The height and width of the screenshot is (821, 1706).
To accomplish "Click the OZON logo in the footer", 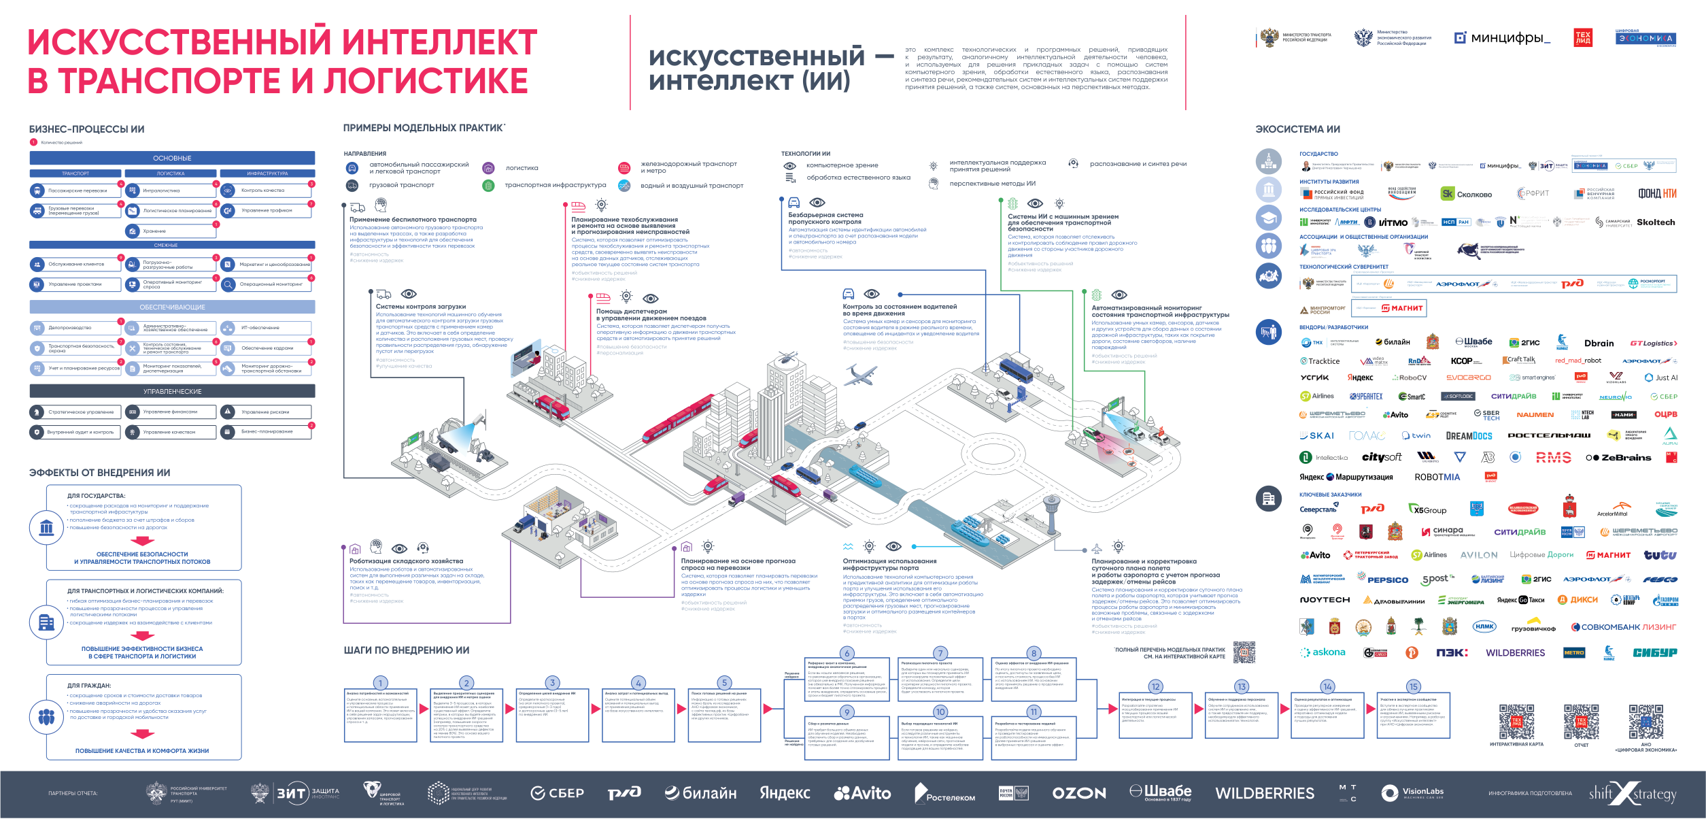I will coord(1079,793).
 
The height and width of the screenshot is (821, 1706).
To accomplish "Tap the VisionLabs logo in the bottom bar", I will coord(1413,793).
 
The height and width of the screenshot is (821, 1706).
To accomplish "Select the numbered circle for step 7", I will coord(940,653).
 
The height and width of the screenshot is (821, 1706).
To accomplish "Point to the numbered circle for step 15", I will coord(1414,686).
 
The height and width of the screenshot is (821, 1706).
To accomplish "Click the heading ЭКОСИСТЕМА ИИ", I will coord(1297,129).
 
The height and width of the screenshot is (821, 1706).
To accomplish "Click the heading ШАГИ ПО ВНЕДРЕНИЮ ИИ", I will coord(406,650).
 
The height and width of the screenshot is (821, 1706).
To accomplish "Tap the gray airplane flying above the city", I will coord(861,373).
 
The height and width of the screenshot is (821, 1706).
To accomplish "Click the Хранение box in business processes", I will coord(170,231).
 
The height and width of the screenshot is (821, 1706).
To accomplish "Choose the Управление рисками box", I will coord(266,412).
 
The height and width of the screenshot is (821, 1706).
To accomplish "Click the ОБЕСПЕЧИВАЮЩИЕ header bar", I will coord(172,307).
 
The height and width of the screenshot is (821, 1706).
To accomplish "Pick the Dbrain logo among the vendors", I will coord(1599,344).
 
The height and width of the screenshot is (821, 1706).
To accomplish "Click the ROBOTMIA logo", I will coord(1437,477).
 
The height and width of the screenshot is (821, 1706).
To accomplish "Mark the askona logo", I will coord(1323,652).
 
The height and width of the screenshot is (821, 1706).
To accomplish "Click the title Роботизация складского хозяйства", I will coord(406,561).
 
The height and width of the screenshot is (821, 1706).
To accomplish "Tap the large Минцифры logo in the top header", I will coord(1502,38).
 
